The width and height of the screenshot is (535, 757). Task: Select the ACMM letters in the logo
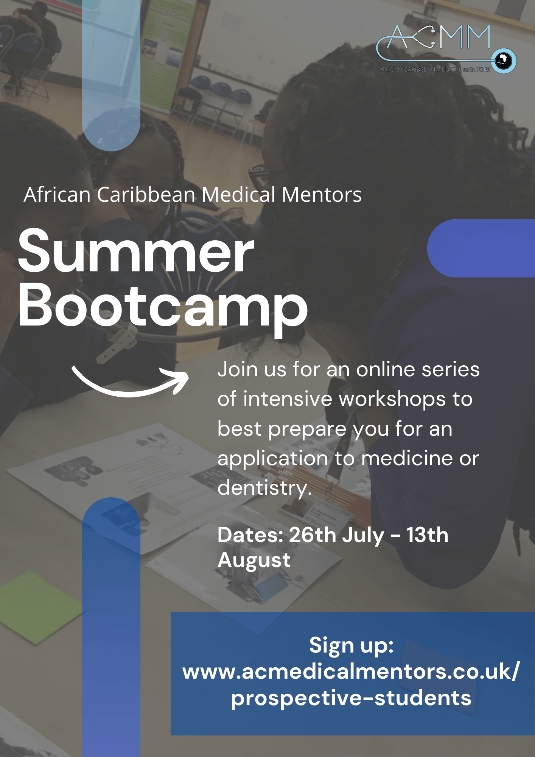[x=439, y=37]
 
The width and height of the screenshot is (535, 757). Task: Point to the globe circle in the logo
[x=504, y=61]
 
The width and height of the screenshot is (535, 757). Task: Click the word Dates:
[x=250, y=535]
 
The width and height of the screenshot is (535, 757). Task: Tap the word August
[x=254, y=561]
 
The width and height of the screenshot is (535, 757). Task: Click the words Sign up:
[x=351, y=645]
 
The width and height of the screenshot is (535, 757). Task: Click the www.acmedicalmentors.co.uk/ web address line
[x=351, y=672]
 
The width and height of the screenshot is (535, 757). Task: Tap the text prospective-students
[x=351, y=698]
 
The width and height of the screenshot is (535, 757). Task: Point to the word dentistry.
[x=264, y=488]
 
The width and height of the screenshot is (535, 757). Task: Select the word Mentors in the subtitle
[x=322, y=195]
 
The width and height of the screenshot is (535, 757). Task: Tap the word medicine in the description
[x=407, y=458]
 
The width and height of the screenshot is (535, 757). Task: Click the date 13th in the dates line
[x=428, y=535]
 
